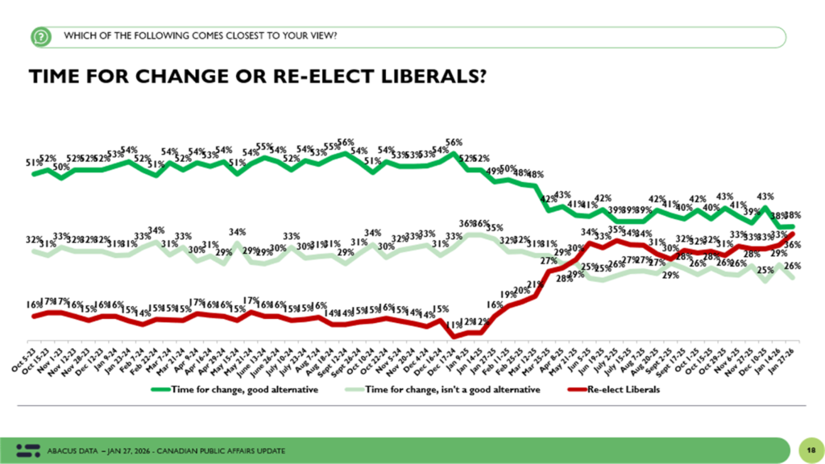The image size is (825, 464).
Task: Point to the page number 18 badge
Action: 806,447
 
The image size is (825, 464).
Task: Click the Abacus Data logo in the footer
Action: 29,447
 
